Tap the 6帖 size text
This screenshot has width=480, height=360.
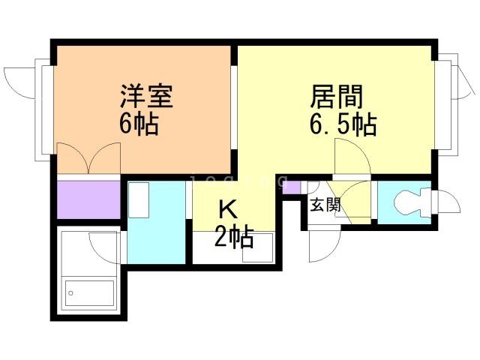[x=139, y=124]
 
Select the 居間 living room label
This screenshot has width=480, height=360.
[x=337, y=96]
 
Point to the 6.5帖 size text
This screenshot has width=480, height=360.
[x=343, y=124]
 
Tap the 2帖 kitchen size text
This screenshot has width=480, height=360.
[x=234, y=236]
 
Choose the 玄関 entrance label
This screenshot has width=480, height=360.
[x=325, y=205]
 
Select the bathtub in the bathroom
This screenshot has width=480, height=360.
[x=89, y=293]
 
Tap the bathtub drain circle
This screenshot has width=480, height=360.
[x=70, y=293]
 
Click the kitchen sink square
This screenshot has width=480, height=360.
[x=257, y=248]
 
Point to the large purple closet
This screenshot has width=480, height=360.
[x=88, y=199]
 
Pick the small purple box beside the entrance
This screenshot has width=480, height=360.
[x=291, y=187]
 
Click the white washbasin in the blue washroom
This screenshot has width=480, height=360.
[x=139, y=200]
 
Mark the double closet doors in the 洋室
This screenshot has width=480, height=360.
[x=88, y=158]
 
